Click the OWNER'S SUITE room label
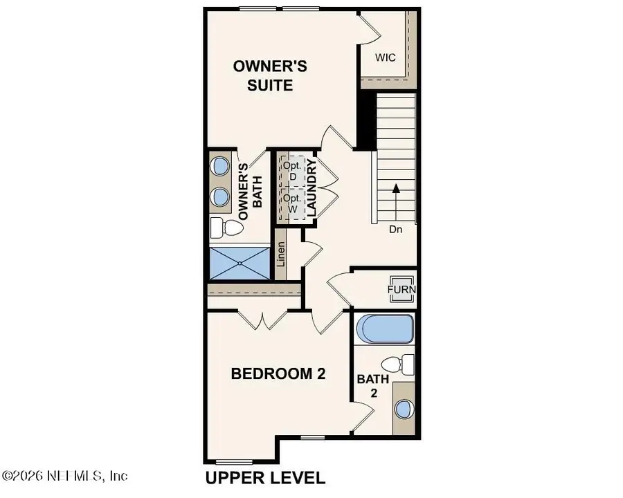[270, 76]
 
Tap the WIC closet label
[386, 57]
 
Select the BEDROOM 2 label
[278, 374]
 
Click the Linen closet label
[281, 254]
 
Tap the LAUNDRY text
[312, 187]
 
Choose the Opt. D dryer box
[290, 172]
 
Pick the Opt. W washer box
[290, 203]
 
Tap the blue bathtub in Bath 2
[385, 329]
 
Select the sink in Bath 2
[404, 409]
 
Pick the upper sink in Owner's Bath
[221, 166]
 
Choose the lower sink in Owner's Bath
[221, 196]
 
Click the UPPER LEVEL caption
[265, 477]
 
